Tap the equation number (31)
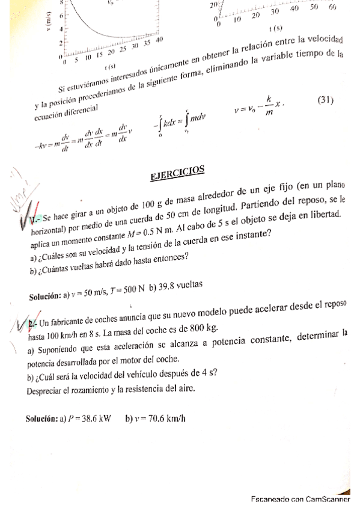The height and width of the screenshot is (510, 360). click(325, 100)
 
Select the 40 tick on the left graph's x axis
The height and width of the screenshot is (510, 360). click(159, 40)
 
